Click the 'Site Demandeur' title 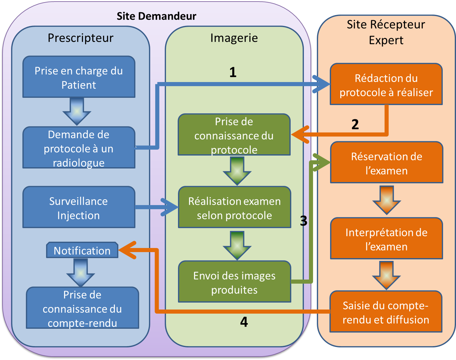click(156, 16)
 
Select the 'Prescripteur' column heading click(80, 38)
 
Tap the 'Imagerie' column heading click(234, 38)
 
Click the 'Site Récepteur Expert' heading click(386, 32)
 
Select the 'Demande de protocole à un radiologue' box click(79, 148)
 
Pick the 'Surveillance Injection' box click(79, 208)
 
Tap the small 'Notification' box click(82, 251)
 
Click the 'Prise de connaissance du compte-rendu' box click(82, 308)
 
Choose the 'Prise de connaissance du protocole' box click(234, 135)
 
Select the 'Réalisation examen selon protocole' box click(234, 208)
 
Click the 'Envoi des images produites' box click(234, 282)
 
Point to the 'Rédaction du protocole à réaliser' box click(386, 85)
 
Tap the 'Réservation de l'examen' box click(387, 163)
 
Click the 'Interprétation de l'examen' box click(386, 239)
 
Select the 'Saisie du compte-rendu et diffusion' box click(386, 312)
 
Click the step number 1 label click(233, 72)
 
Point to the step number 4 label click(244, 322)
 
